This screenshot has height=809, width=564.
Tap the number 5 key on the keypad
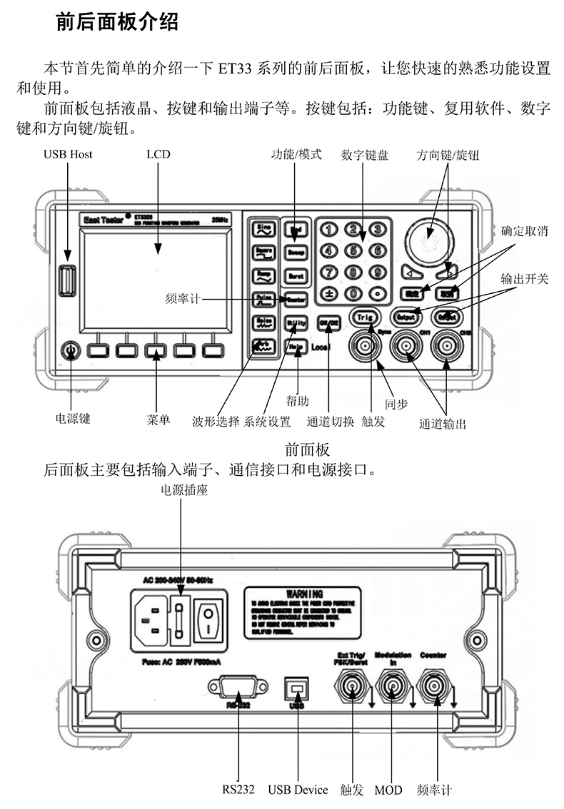353,250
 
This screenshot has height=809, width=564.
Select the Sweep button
296,252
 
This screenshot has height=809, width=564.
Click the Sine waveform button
263,228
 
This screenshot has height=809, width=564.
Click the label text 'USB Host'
68,154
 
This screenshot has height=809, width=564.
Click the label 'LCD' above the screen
158,154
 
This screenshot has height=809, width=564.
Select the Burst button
296,275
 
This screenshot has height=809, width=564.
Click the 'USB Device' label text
298,790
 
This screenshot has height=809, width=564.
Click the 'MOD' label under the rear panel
388,790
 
